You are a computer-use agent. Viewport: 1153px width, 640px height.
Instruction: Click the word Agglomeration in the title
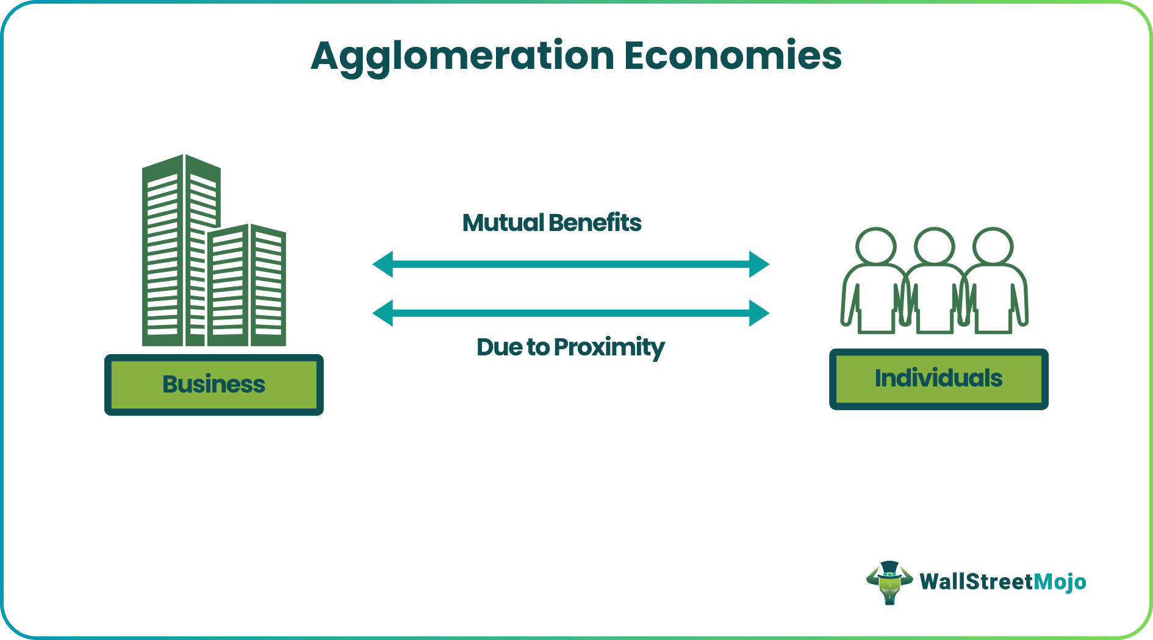tap(462, 56)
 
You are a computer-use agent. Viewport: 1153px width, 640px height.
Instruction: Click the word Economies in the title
tap(732, 56)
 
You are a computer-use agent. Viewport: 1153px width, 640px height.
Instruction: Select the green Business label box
tap(214, 385)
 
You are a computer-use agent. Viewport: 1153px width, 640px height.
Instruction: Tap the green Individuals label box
tap(938, 379)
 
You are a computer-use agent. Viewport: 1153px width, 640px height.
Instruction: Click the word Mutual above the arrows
tap(503, 223)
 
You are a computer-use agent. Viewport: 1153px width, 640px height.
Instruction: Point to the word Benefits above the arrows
tap(595, 223)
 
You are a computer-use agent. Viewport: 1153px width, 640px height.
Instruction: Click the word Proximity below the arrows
tap(609, 347)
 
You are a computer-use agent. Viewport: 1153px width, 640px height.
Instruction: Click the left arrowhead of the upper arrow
tap(383, 265)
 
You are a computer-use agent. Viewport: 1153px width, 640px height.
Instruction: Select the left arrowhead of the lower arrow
tap(383, 313)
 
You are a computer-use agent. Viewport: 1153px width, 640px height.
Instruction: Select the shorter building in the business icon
tap(247, 286)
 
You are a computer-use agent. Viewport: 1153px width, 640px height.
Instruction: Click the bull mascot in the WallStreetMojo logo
tap(889, 582)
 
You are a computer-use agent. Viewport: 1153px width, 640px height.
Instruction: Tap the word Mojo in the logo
tap(1060, 582)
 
